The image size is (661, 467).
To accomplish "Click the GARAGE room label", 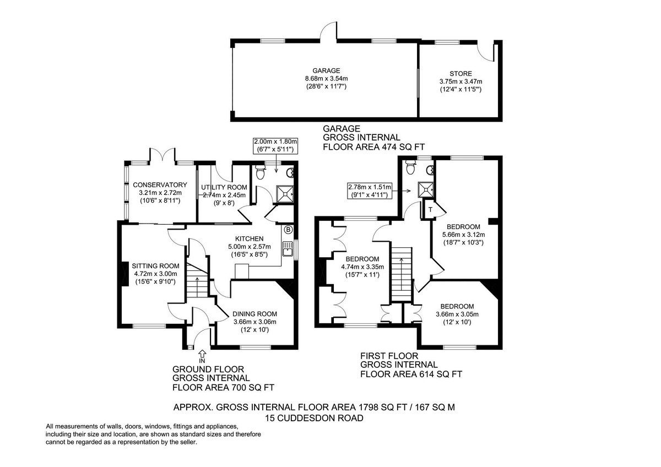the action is click(326, 70).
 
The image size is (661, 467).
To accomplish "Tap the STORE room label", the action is click(460, 74).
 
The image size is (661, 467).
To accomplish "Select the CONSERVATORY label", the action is click(160, 184).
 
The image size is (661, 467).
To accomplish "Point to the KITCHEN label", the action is click(243, 238).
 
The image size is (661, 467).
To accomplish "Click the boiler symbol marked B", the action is click(288, 229).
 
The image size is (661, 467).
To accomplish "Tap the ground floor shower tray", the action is click(285, 192).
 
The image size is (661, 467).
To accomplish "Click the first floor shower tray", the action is click(425, 189).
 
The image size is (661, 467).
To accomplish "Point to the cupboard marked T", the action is click(429, 209).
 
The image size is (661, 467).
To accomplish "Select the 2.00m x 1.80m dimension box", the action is click(275, 145).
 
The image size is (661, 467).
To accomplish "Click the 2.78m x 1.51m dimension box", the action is click(369, 191).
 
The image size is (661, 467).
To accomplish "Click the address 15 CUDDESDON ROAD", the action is click(314, 418).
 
